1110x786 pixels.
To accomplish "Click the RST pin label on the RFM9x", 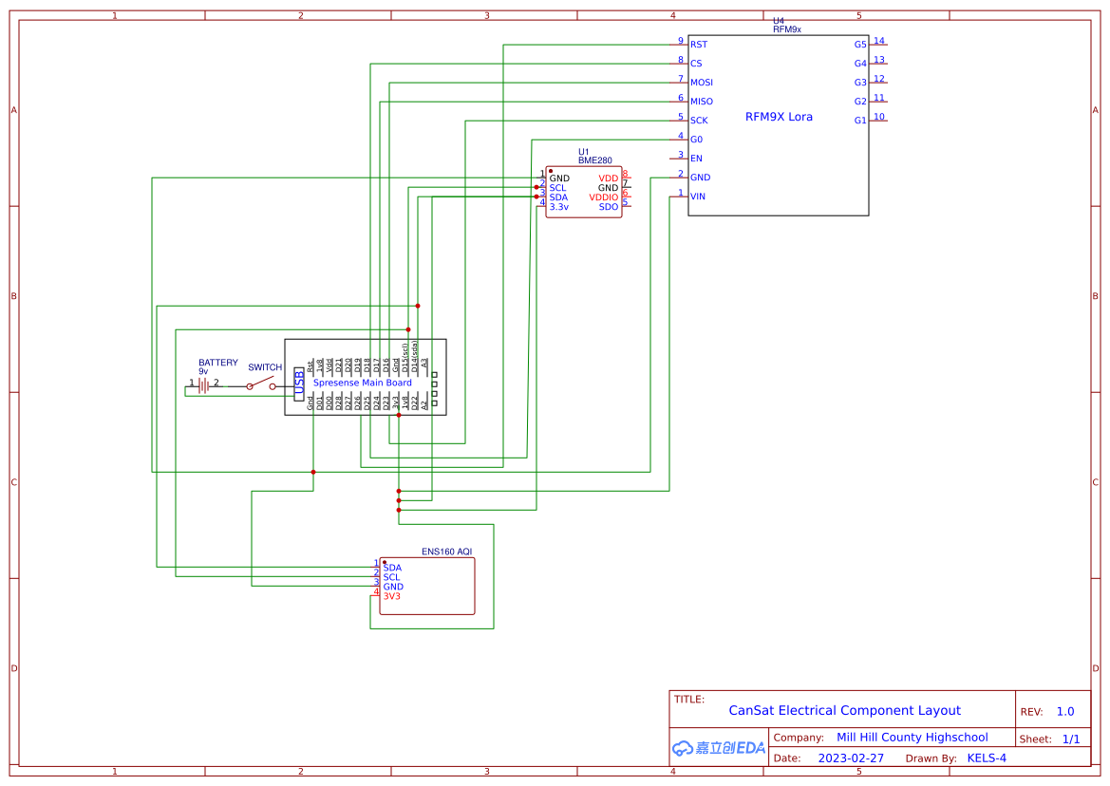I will click(x=699, y=45).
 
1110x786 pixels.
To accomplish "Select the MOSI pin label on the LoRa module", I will click(x=702, y=83).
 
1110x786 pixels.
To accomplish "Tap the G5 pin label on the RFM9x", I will click(x=860, y=45).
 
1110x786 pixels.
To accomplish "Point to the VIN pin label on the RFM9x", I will click(x=698, y=196).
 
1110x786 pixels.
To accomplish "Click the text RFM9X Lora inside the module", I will click(x=779, y=118).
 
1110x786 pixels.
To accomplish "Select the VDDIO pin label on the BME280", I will click(x=603, y=197).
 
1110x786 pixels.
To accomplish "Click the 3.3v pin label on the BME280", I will click(x=558, y=207).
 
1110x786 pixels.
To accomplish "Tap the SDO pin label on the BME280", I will click(x=609, y=207).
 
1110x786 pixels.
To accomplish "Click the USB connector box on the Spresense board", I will click(x=300, y=383).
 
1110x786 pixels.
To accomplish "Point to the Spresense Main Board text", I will click(x=363, y=383).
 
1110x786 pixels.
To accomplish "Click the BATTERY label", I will click(x=218, y=363).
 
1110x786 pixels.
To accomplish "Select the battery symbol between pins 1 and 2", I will click(x=203, y=385).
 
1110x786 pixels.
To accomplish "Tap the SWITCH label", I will click(x=265, y=367).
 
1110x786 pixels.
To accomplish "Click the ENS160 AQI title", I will click(x=447, y=552).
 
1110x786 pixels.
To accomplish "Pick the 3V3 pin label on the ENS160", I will click(x=392, y=596).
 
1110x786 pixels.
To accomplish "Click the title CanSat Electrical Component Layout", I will click(x=844, y=710).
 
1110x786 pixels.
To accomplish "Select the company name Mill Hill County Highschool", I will click(x=912, y=738).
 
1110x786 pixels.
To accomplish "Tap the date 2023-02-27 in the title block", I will click(x=851, y=758).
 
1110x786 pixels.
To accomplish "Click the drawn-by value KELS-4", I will click(x=987, y=758).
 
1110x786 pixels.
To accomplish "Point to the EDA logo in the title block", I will click(x=718, y=748).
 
